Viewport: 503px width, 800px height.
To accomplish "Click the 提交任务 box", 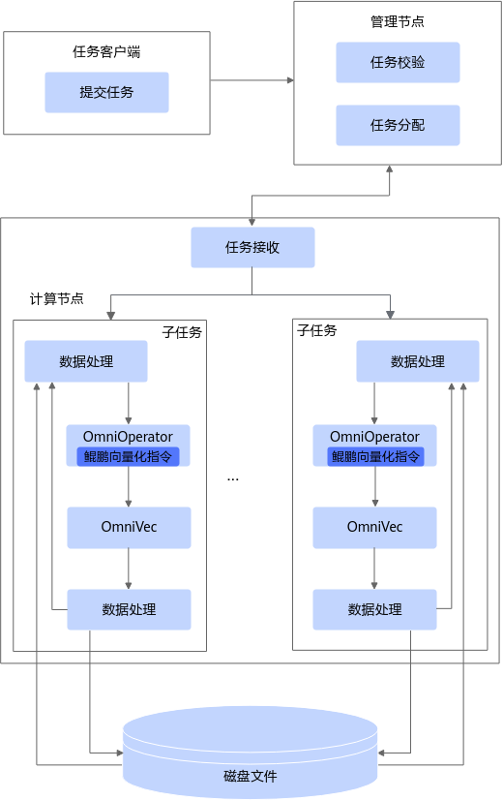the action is [106, 92].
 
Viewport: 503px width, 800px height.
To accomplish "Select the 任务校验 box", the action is [398, 62].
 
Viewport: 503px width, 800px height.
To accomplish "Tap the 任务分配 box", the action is [398, 125].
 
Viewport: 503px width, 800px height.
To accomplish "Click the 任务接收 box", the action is [252, 247].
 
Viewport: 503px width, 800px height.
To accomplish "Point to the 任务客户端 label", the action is [106, 51].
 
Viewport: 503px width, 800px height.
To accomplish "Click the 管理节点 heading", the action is [398, 21].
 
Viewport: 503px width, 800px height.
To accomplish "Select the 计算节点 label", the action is [56, 298].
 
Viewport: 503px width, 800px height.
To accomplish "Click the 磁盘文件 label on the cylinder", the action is [251, 776].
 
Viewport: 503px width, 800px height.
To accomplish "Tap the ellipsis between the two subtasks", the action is [233, 479].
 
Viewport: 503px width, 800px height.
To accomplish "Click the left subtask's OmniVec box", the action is [129, 528].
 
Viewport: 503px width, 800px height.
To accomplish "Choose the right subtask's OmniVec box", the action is [374, 528].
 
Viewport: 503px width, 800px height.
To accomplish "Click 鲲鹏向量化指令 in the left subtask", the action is [128, 456].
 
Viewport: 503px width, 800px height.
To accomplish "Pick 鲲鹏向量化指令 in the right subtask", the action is [375, 456].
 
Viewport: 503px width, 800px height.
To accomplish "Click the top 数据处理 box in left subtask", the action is [86, 361].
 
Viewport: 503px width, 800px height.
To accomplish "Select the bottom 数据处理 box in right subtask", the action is [374, 609].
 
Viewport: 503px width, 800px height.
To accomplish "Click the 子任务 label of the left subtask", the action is [182, 332].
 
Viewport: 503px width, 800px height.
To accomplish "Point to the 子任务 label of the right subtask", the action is [317, 330].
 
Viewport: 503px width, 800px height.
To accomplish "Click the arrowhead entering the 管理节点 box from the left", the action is [290, 80].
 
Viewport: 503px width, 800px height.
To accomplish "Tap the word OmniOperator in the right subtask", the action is [374, 437].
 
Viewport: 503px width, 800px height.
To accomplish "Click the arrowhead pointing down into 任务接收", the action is [251, 223].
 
